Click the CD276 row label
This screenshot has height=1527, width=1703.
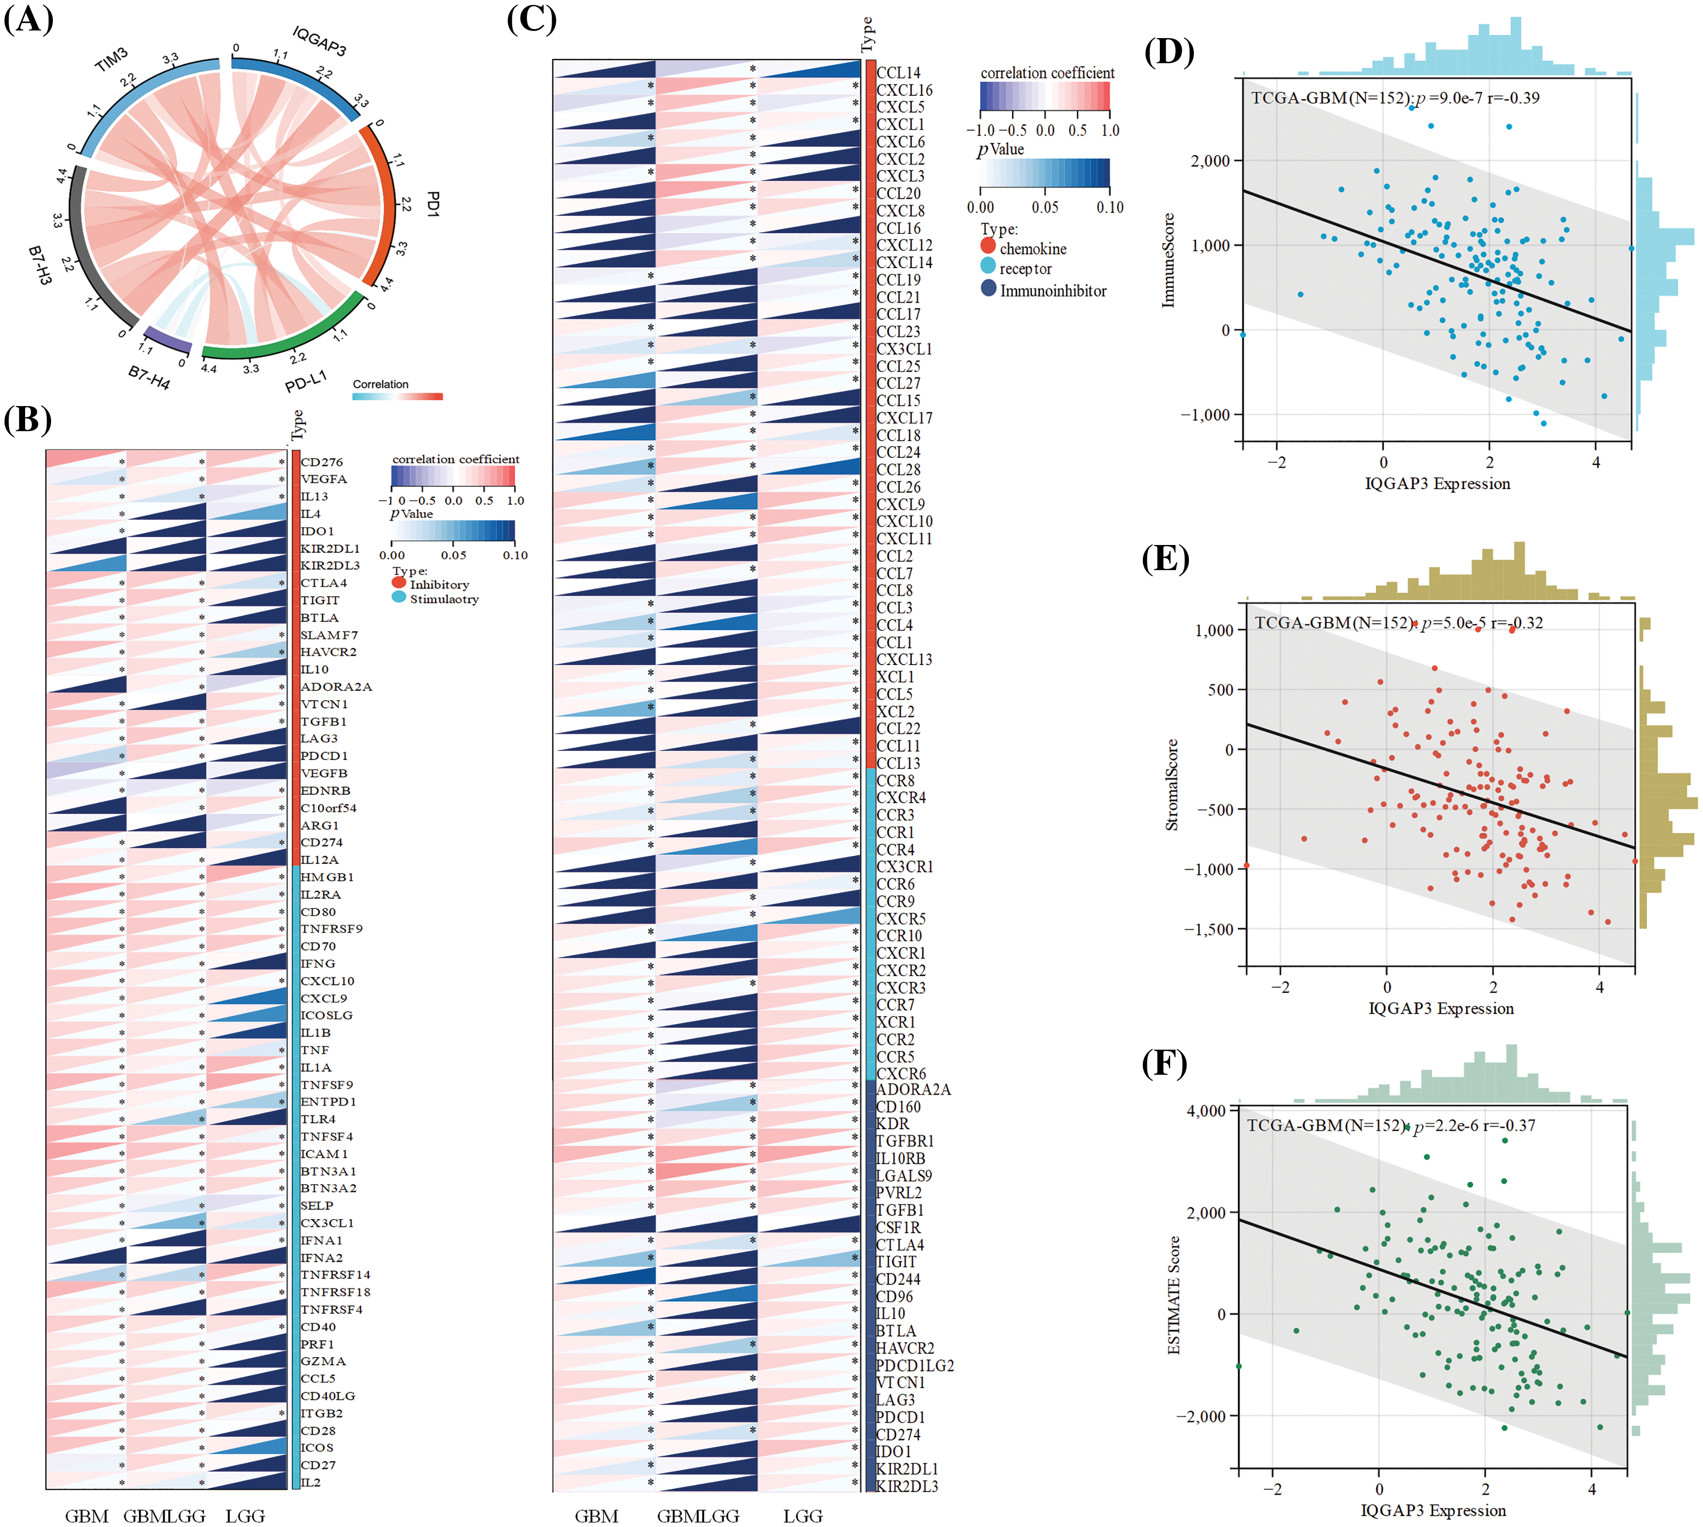(321, 462)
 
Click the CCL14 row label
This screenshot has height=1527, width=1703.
(899, 73)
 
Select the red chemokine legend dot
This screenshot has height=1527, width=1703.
(987, 246)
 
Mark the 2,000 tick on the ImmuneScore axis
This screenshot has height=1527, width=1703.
(1210, 161)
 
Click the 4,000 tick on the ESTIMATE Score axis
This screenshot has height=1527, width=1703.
(1206, 1111)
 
